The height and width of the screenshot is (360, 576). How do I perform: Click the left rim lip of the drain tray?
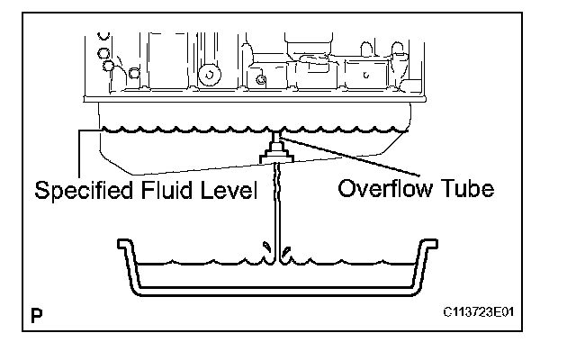[x=121, y=243]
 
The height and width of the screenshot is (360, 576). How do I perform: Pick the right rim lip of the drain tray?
[x=433, y=243]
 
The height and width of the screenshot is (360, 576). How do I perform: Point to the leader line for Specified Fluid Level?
[x=80, y=153]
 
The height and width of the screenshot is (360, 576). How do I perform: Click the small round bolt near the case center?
[x=261, y=81]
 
